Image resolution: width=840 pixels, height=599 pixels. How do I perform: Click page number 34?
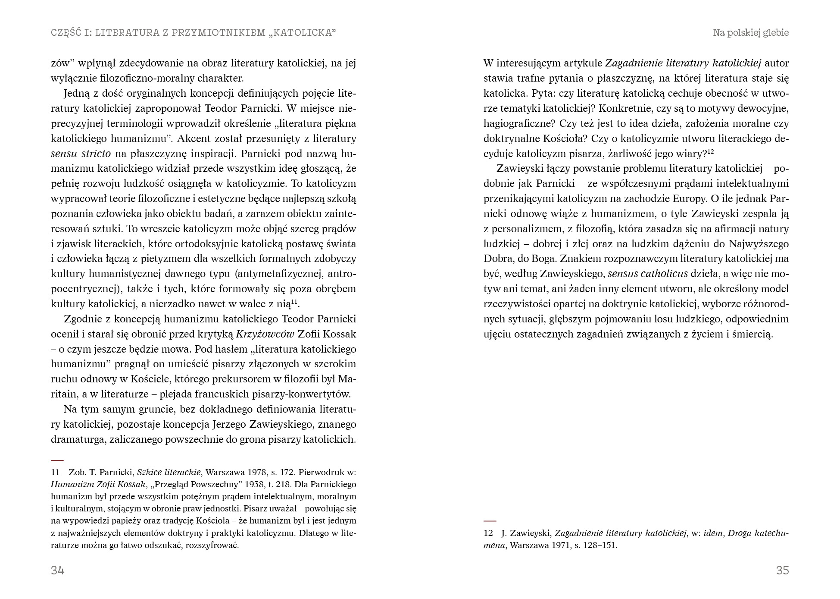coord(58,571)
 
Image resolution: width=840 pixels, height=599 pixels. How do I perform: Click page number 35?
coord(782,571)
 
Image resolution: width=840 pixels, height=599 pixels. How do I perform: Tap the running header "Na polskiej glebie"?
coord(751,33)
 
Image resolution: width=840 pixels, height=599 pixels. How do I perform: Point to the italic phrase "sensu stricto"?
coord(81,154)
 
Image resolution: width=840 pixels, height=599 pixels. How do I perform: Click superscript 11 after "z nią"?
coord(295,302)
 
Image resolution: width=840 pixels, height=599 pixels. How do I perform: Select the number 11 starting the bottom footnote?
coord(55,472)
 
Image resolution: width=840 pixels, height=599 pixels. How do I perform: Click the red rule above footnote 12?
coord(490,521)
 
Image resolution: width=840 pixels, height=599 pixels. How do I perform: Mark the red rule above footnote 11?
coord(57,460)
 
